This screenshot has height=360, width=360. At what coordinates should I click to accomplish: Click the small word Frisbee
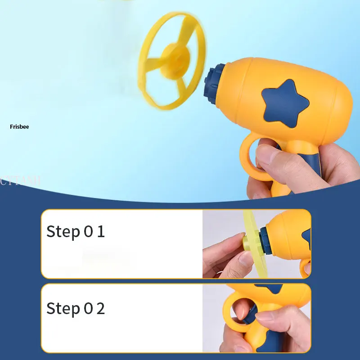pyautogui.click(x=19, y=127)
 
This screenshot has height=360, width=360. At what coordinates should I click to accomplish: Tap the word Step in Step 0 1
pyautogui.click(x=63, y=232)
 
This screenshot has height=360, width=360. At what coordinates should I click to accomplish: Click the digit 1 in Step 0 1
pyautogui.click(x=101, y=232)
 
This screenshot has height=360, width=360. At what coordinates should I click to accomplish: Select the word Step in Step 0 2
pyautogui.click(x=63, y=309)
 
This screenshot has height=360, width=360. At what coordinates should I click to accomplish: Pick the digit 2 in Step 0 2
pyautogui.click(x=101, y=308)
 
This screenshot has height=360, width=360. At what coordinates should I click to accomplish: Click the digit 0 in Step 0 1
pyautogui.click(x=88, y=232)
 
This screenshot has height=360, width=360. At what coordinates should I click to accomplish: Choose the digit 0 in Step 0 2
pyautogui.click(x=88, y=308)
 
